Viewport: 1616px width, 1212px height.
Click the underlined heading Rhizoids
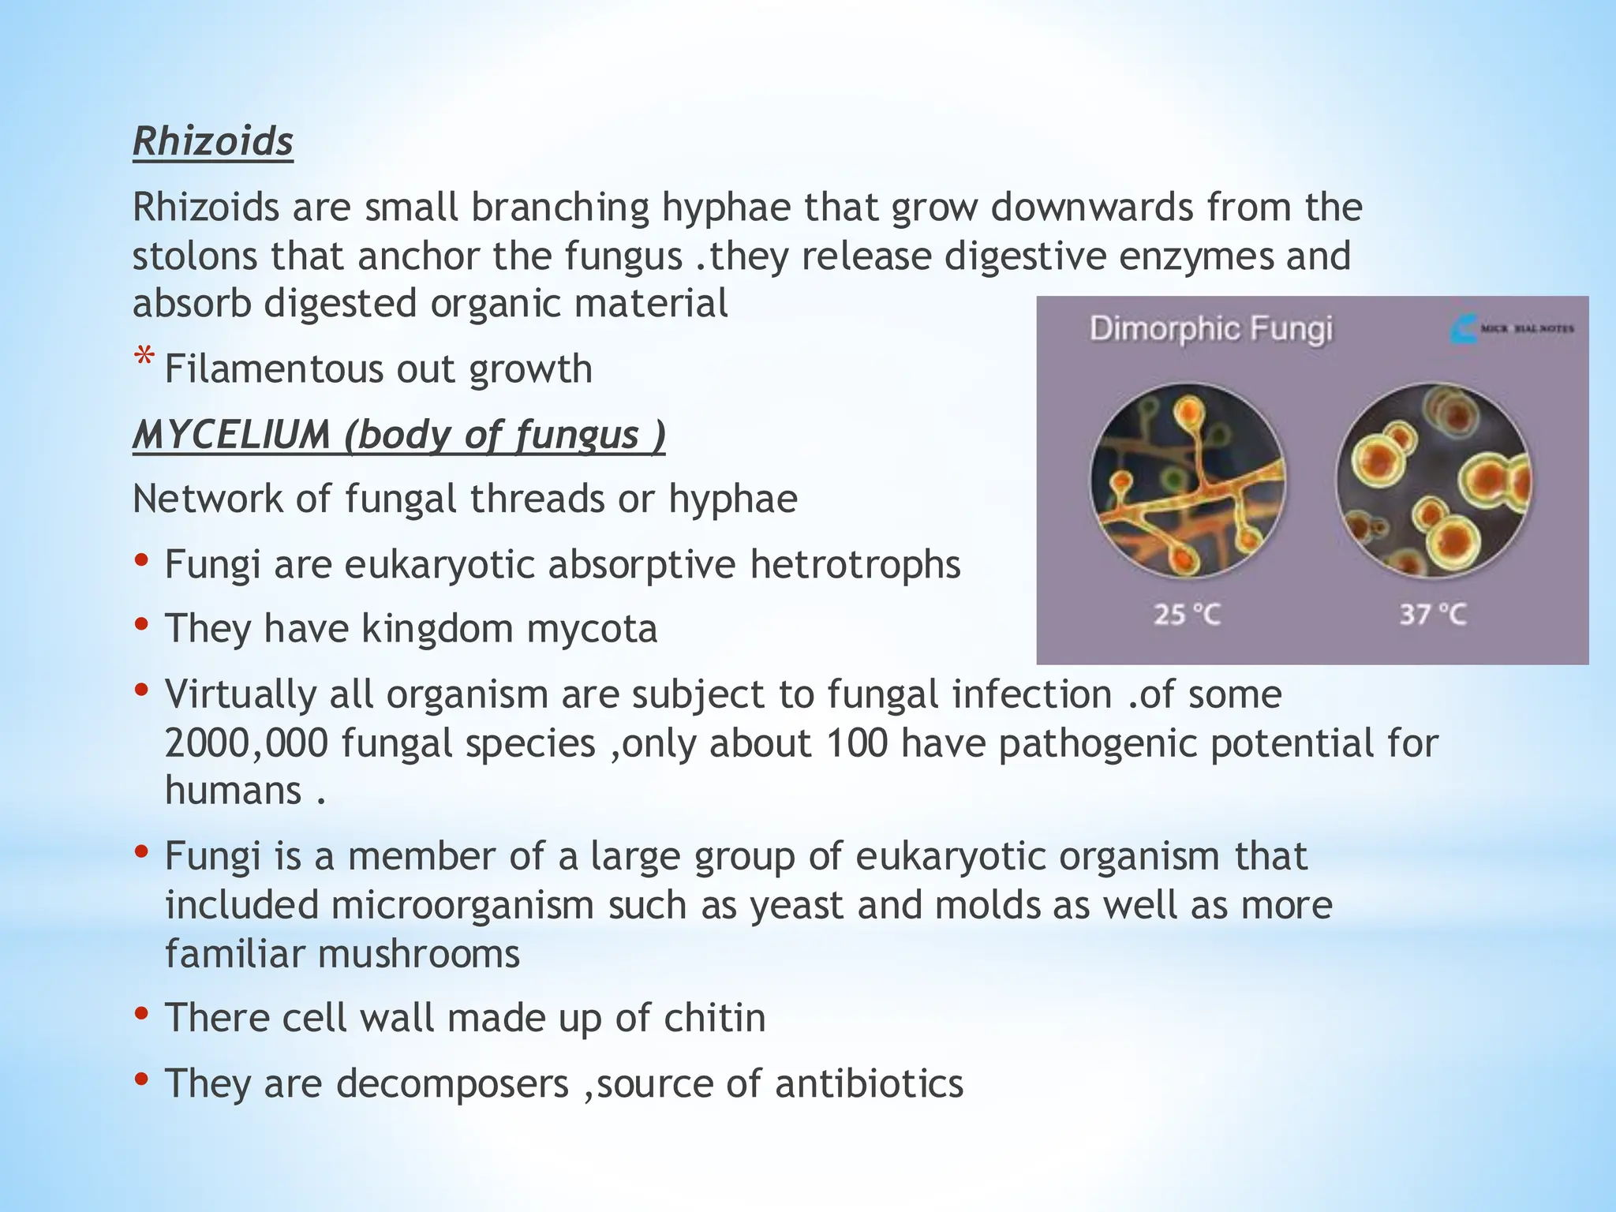click(x=213, y=142)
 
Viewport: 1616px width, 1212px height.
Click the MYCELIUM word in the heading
click(x=231, y=435)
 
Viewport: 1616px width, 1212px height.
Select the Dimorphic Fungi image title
click(x=1210, y=328)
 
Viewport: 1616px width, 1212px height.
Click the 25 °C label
click(x=1187, y=614)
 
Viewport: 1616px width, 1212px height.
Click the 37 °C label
click(x=1433, y=614)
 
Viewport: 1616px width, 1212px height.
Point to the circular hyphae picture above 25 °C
click(x=1188, y=481)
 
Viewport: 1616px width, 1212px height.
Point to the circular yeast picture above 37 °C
click(x=1433, y=481)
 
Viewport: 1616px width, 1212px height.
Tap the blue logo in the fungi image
click(x=1463, y=328)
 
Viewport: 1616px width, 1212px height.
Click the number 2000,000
click(x=246, y=743)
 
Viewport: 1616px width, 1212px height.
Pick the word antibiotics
click(x=869, y=1083)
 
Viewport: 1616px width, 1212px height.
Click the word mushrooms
click(x=418, y=954)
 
